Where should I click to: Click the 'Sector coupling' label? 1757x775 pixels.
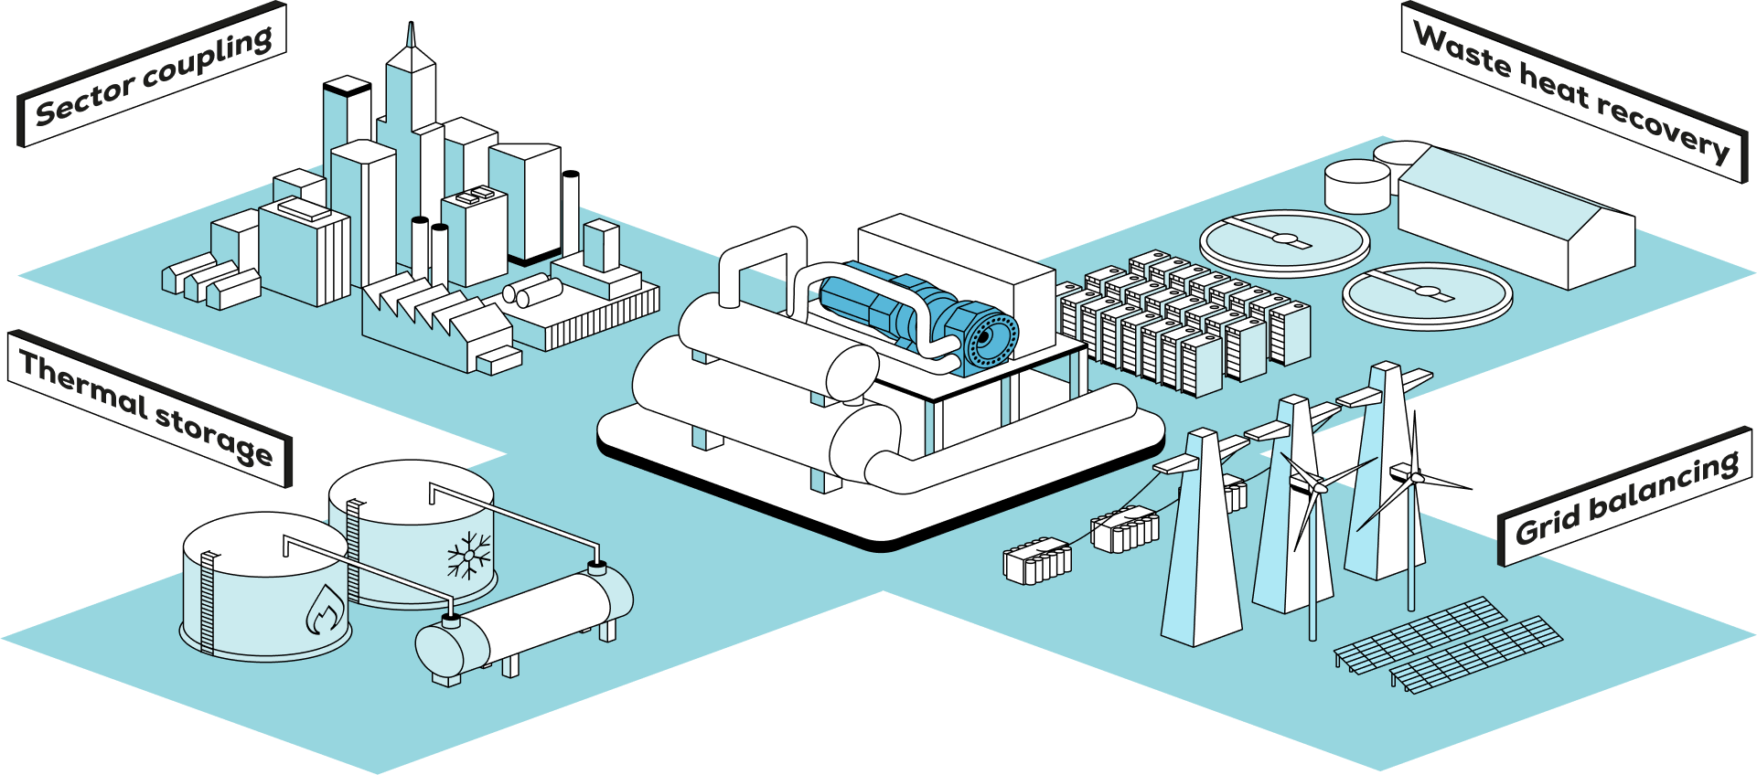[x=154, y=75]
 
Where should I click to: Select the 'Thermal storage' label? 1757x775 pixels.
[x=146, y=408]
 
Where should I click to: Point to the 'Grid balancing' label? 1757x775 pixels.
[x=1626, y=498]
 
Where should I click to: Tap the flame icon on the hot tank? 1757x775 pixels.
[x=324, y=610]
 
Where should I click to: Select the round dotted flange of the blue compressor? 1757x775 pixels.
[x=991, y=338]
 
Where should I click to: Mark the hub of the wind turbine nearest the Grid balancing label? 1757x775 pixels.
[x=1414, y=477]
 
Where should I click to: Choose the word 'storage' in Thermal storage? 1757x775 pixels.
[x=213, y=434]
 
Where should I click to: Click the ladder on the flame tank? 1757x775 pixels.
[x=207, y=603]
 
